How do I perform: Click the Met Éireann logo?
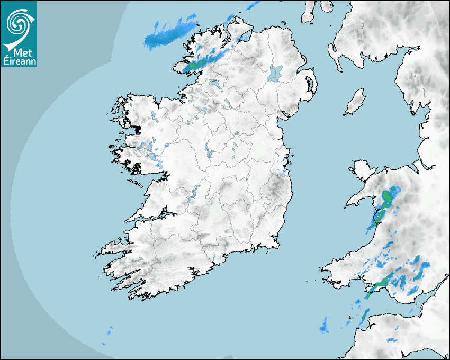pyautogui.click(x=19, y=33)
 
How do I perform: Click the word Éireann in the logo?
pyautogui.click(x=19, y=61)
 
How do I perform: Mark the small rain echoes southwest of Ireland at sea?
pyautogui.click(x=109, y=334)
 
